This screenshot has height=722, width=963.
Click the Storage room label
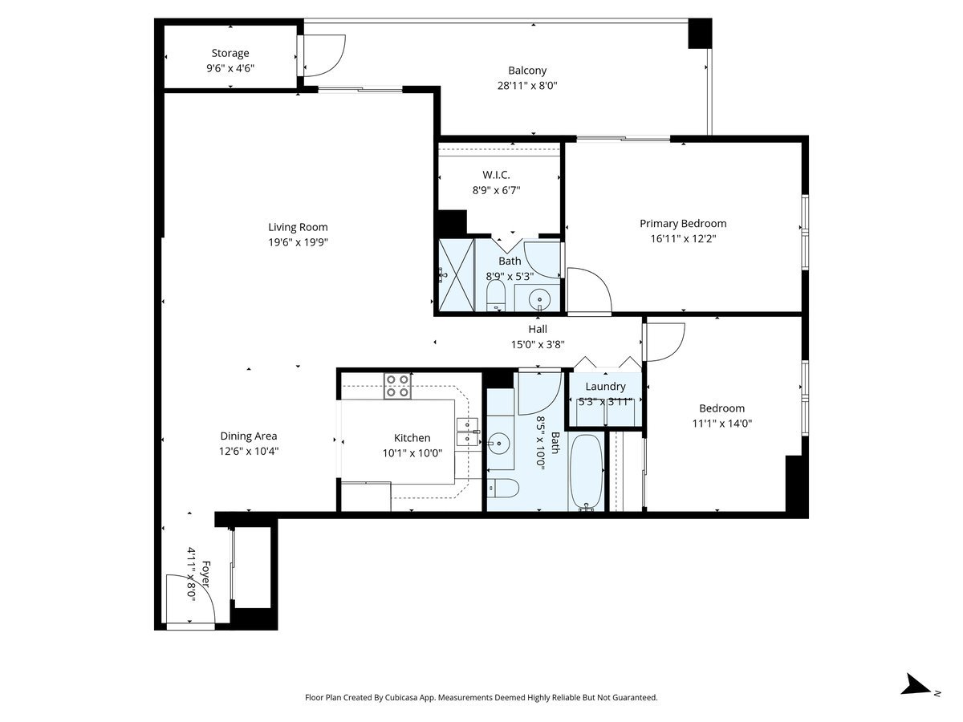click(x=230, y=53)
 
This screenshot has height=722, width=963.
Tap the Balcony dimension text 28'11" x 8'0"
click(x=527, y=86)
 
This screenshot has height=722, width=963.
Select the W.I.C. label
click(x=496, y=175)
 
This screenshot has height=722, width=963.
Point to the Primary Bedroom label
click(x=683, y=224)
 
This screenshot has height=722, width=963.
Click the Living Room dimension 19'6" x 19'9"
click(x=298, y=242)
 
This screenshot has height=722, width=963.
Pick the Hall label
click(x=538, y=329)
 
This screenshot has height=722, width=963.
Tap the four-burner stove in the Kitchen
click(x=397, y=386)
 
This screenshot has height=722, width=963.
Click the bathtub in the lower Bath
click(x=586, y=473)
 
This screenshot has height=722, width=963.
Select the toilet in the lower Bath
click(x=503, y=488)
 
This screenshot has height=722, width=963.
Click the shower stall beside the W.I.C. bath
click(x=457, y=275)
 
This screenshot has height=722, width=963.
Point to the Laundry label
click(x=605, y=386)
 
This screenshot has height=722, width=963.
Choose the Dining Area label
click(x=248, y=436)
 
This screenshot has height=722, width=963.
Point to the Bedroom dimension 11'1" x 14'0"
click(x=721, y=424)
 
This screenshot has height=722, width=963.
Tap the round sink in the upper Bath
click(x=539, y=300)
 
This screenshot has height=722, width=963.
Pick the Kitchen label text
click(x=412, y=438)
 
